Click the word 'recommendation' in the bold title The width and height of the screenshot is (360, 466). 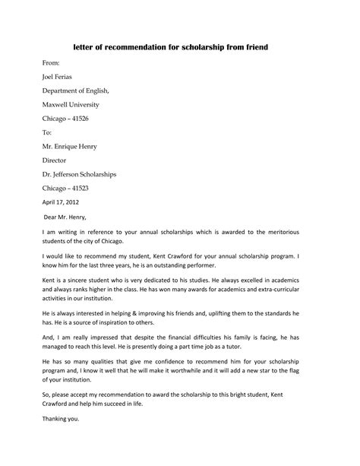coord(156,47)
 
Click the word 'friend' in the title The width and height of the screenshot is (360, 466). coord(256,47)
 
